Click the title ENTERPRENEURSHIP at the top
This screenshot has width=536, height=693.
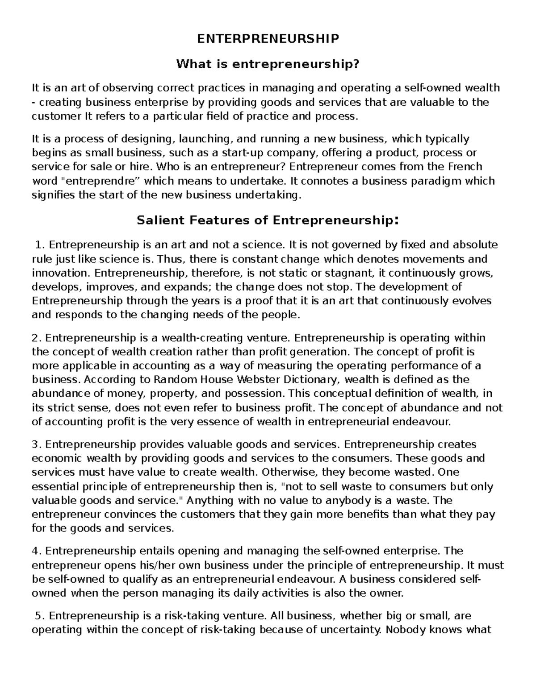(268, 39)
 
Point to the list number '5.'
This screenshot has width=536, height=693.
(40, 616)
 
